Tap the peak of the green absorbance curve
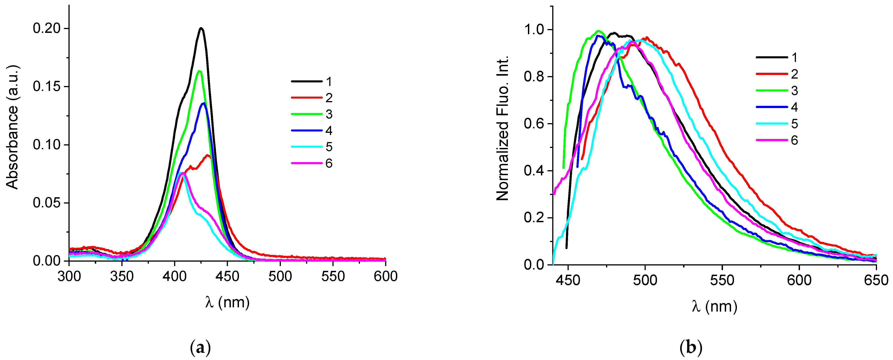199,71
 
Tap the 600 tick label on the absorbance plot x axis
386,276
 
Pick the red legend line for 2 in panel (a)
307,98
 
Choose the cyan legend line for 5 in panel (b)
772,123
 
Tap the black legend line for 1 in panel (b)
772,57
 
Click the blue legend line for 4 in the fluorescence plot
772,107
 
